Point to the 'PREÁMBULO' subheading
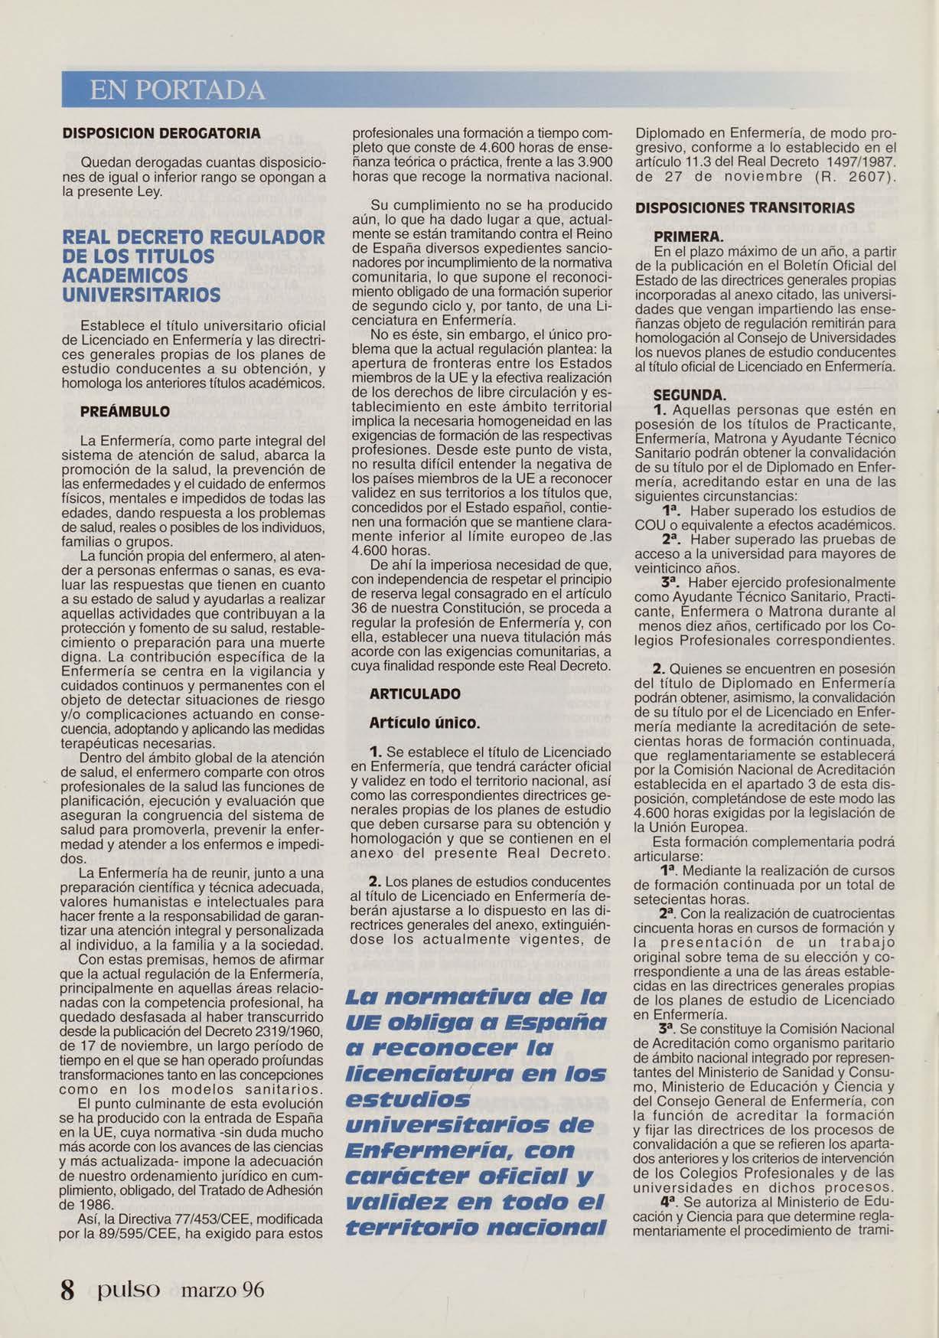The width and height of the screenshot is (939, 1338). [126, 411]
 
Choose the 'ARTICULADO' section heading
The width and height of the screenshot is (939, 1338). [416, 693]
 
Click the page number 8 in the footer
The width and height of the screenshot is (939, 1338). [68, 1290]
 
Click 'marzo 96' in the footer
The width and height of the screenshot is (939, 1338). [223, 1290]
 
